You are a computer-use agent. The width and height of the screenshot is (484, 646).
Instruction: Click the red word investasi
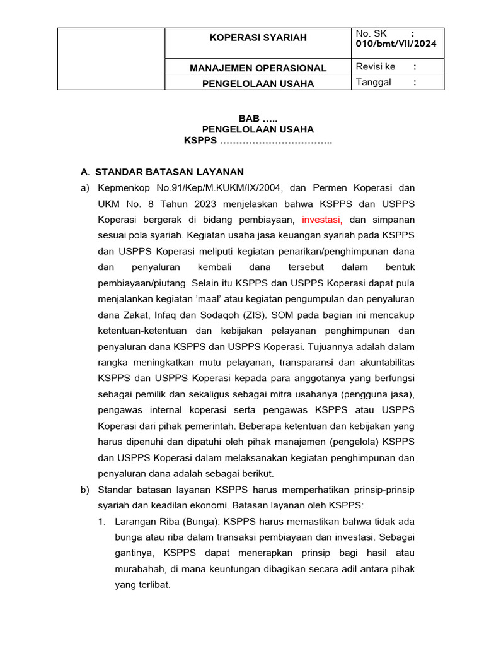[x=322, y=220]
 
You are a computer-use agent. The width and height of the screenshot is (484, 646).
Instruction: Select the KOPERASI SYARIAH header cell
[x=258, y=38]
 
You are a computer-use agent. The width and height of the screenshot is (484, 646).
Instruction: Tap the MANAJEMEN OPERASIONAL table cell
[x=258, y=68]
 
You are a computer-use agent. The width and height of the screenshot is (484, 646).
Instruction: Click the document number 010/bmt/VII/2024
[x=396, y=44]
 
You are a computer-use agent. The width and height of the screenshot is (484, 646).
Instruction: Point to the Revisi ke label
[x=376, y=67]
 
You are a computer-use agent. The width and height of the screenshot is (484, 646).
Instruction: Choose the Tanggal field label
[x=373, y=82]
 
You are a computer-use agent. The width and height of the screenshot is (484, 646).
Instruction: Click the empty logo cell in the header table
[x=111, y=59]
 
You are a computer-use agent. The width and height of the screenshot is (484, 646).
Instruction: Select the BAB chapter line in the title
[x=257, y=119]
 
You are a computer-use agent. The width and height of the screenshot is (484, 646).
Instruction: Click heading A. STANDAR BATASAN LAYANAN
[x=162, y=172]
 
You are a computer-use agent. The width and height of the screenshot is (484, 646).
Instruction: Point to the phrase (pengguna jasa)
[x=377, y=394]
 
